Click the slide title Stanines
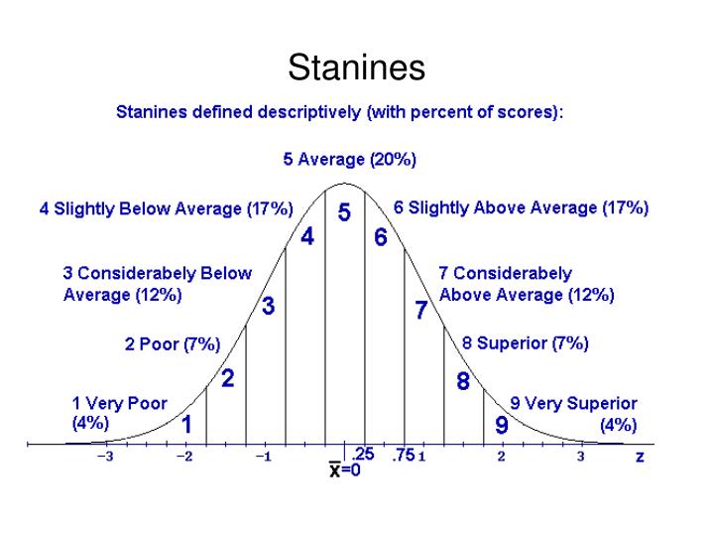pyautogui.click(x=357, y=68)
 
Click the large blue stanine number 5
pyautogui.click(x=344, y=213)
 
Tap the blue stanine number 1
pyautogui.click(x=186, y=424)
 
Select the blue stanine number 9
pyautogui.click(x=502, y=426)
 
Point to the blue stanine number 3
pyautogui.click(x=268, y=308)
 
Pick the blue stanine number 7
pyautogui.click(x=421, y=311)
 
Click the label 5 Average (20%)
pyautogui.click(x=349, y=159)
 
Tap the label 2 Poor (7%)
pyautogui.click(x=173, y=345)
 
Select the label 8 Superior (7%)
pyautogui.click(x=526, y=343)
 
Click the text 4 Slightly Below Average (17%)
pyautogui.click(x=166, y=209)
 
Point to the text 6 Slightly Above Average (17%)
pyautogui.click(x=521, y=208)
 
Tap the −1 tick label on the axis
pyautogui.click(x=263, y=458)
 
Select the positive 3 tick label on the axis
pyautogui.click(x=581, y=458)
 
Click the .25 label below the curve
pyautogui.click(x=364, y=456)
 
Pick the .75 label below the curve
pyautogui.click(x=403, y=456)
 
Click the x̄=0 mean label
pyautogui.click(x=345, y=471)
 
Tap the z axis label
pyautogui.click(x=639, y=457)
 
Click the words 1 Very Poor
pyautogui.click(x=120, y=404)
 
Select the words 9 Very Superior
pyautogui.click(x=573, y=404)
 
